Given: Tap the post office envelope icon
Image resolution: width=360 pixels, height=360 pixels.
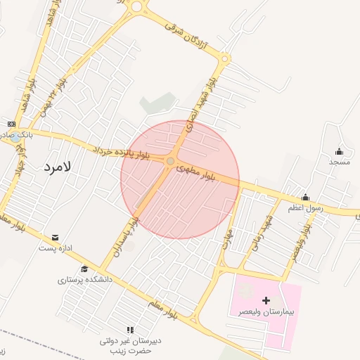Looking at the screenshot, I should point(56,237).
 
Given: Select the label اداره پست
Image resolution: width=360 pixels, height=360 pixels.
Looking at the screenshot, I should point(56,248).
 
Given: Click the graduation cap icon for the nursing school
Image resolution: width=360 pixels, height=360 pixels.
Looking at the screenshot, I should point(84,269).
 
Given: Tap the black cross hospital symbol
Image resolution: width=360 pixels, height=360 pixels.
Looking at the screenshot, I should point(266,300).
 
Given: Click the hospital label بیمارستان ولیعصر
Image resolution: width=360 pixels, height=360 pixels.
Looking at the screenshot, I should point(264,311).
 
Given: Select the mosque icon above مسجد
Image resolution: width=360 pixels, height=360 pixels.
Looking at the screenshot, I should point(339,151).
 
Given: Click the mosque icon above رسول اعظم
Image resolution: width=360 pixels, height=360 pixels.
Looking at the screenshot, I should point(305,198).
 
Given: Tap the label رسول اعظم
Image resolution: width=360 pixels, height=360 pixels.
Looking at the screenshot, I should point(304,208).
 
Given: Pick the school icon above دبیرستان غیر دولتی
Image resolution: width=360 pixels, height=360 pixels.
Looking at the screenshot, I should point(130,330).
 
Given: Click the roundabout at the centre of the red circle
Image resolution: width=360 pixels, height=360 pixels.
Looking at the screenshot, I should point(170,162).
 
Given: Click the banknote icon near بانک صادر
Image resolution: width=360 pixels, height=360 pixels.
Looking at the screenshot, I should point(11,124).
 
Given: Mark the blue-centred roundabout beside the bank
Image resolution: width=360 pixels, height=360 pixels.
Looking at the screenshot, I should point(15,138).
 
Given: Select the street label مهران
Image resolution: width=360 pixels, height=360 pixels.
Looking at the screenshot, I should point(226,227).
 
